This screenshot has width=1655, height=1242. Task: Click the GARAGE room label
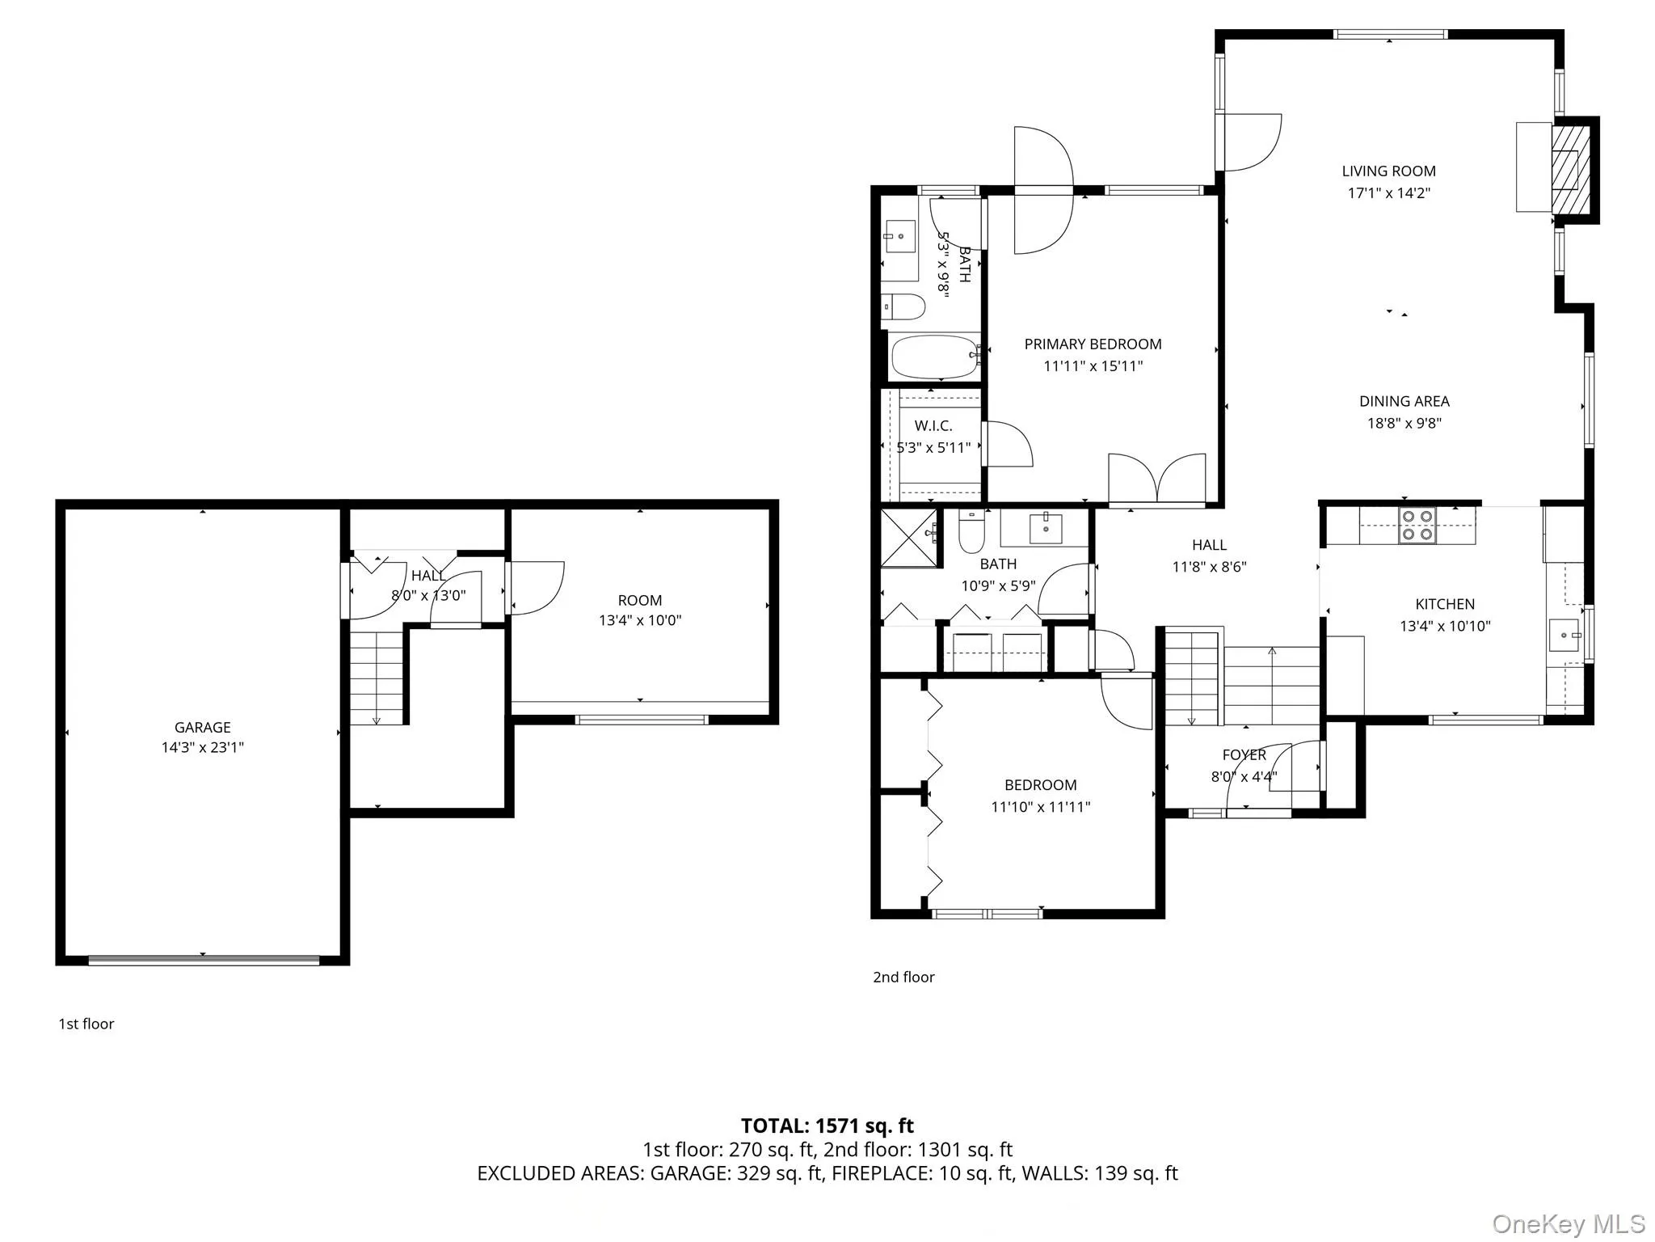tap(202, 727)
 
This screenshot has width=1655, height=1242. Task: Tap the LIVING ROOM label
tap(1388, 171)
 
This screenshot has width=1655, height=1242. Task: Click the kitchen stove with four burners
tap(1417, 525)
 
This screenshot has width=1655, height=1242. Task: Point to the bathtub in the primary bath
tap(934, 357)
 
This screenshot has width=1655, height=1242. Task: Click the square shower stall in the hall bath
tap(909, 537)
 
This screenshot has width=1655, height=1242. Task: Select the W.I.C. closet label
tap(933, 426)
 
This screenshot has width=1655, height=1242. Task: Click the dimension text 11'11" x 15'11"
tap(1093, 366)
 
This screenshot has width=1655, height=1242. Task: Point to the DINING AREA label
tap(1404, 401)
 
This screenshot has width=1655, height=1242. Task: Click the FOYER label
tap(1244, 755)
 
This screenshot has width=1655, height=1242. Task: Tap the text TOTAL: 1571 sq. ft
tap(827, 1126)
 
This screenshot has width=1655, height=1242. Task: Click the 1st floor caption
tap(86, 1024)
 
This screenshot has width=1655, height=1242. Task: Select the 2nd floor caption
tap(903, 977)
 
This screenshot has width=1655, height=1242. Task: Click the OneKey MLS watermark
tap(1569, 1224)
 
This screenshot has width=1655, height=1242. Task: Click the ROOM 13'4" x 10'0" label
tap(639, 610)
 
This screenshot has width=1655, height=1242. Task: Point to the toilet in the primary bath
tap(903, 306)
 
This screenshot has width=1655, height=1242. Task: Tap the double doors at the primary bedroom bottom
tap(1157, 479)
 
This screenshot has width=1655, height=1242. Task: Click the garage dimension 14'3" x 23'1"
tap(202, 748)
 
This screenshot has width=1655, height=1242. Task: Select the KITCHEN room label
tap(1445, 604)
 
